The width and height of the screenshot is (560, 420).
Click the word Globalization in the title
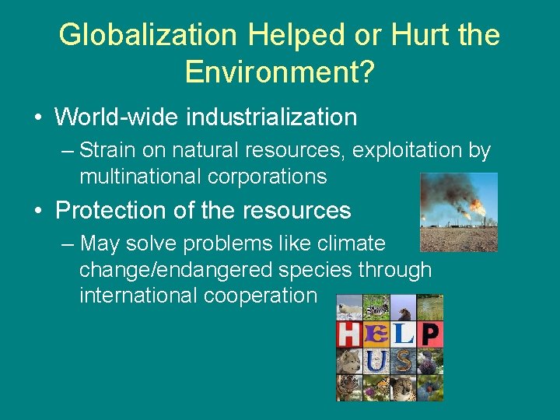click(148, 35)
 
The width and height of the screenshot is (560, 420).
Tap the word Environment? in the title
click(280, 72)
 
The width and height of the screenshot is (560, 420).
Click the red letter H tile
click(348, 334)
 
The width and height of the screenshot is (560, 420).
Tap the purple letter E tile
click(376, 334)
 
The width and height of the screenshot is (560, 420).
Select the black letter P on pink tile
click(430, 334)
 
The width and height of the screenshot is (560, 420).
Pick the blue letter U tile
click(376, 361)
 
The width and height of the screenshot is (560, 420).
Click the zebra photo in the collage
click(376, 308)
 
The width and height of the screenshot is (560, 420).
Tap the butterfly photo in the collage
click(376, 387)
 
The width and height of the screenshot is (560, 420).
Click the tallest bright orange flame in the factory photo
click(476, 208)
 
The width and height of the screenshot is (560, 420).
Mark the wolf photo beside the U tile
click(348, 361)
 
